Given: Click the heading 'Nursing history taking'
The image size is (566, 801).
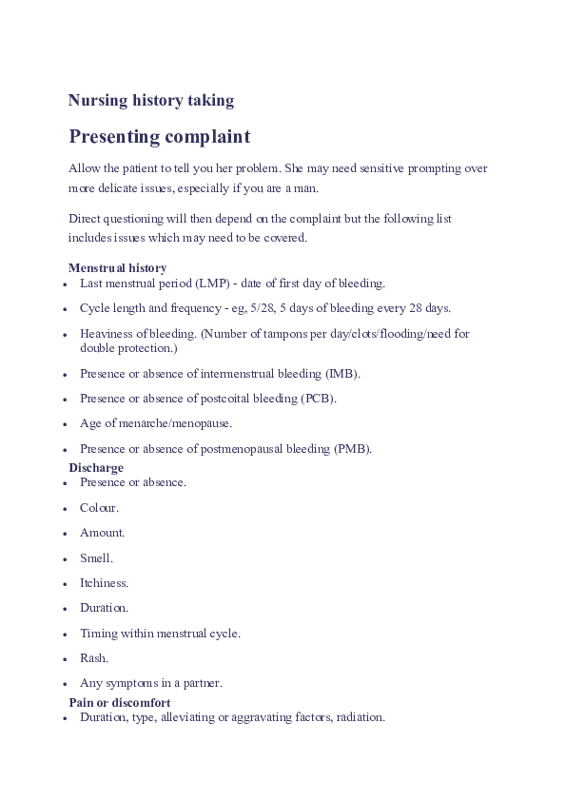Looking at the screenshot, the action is tap(151, 100).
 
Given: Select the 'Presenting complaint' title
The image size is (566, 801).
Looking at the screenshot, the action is tap(159, 137).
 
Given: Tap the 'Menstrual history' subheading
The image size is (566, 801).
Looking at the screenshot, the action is tap(117, 268).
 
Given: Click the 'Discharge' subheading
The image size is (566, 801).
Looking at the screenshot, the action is tap(96, 468).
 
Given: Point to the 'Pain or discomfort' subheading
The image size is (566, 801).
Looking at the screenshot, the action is tap(120, 702).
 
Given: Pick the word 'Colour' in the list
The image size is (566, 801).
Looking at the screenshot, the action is tap(98, 508).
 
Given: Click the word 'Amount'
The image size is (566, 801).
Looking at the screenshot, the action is tap(101, 533).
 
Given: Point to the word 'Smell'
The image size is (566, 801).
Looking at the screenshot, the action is tap(95, 558).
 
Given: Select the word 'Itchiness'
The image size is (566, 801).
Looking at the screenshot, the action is tap(103, 583).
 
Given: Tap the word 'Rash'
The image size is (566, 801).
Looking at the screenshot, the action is tap(93, 658).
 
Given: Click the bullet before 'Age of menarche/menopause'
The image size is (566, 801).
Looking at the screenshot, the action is tap(65, 424).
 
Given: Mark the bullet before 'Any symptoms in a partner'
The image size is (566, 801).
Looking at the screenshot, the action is tap(65, 684).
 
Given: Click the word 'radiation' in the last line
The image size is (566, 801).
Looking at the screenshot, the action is tap(360, 717).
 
